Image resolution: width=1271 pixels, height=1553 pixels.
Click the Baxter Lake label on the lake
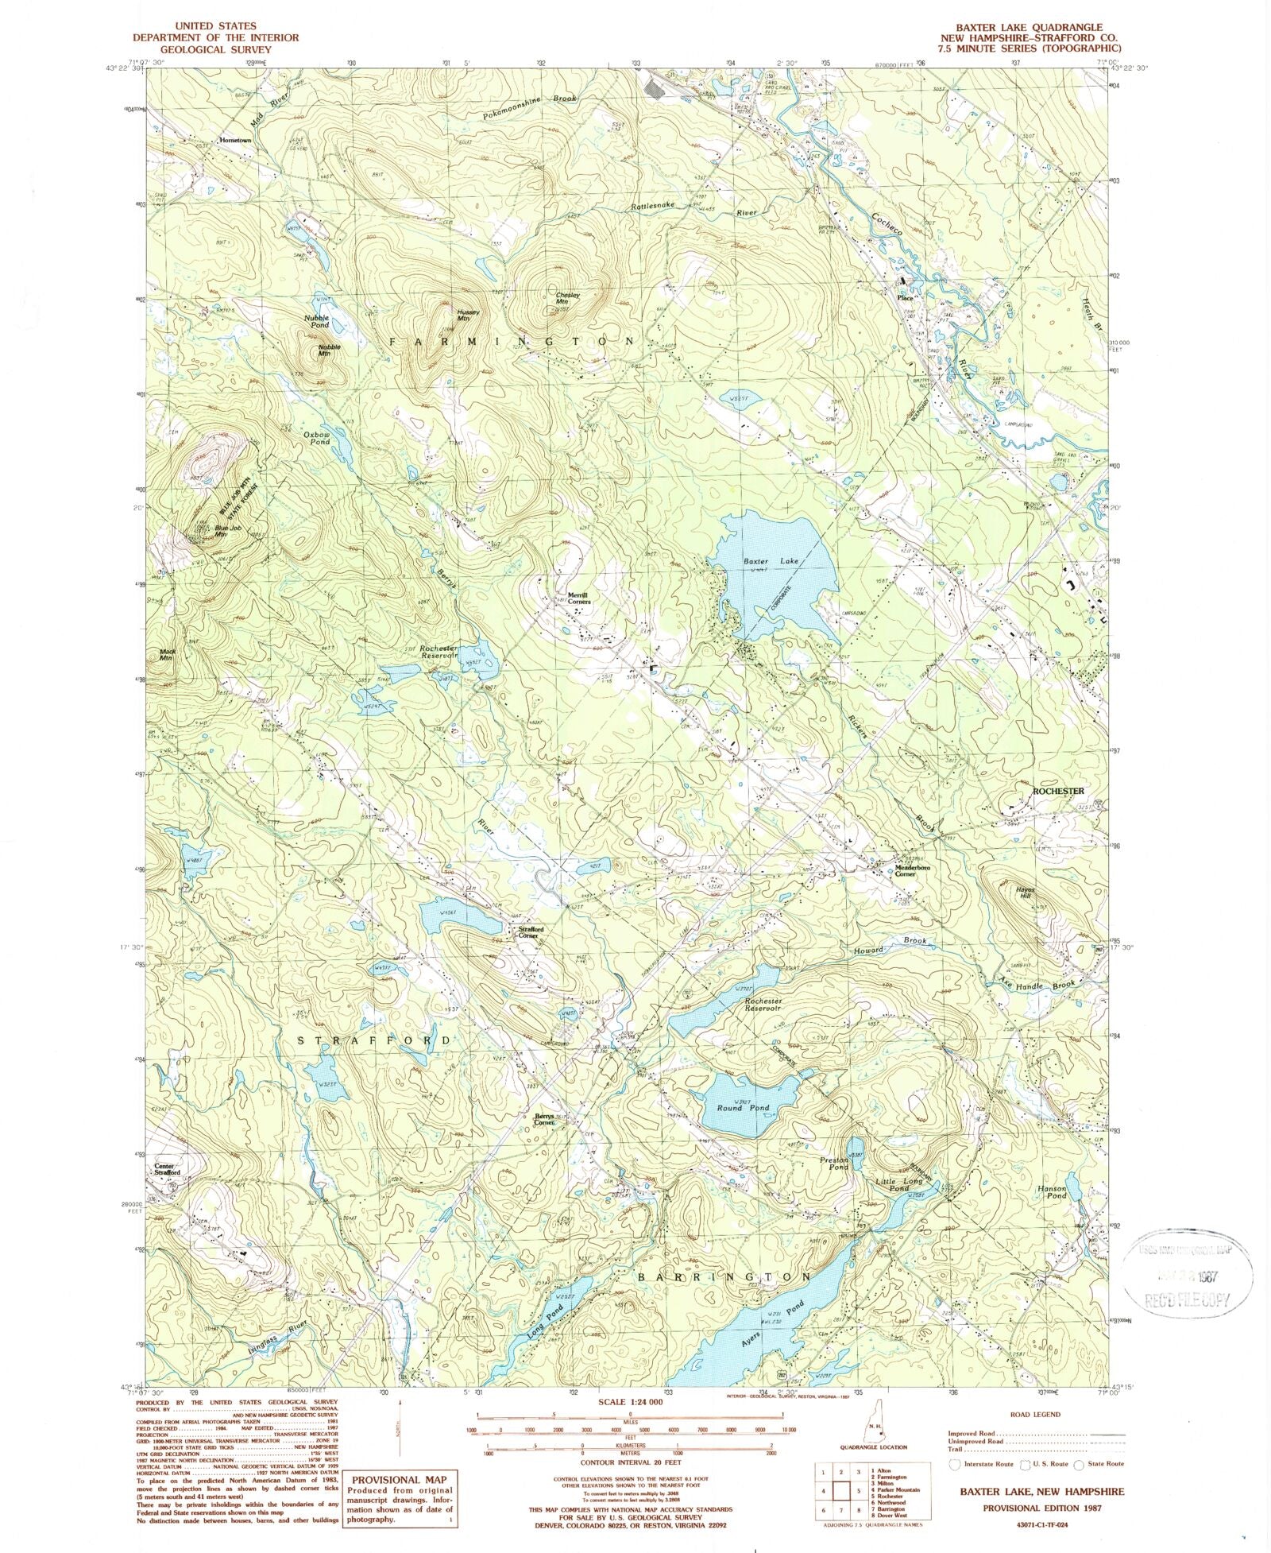point(770,561)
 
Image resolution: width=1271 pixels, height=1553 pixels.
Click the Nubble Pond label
point(316,321)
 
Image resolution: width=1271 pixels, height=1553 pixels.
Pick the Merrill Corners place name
point(579,598)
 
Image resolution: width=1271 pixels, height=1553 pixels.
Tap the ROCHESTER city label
point(1057,791)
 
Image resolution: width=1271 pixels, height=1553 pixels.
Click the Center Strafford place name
point(168,1169)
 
